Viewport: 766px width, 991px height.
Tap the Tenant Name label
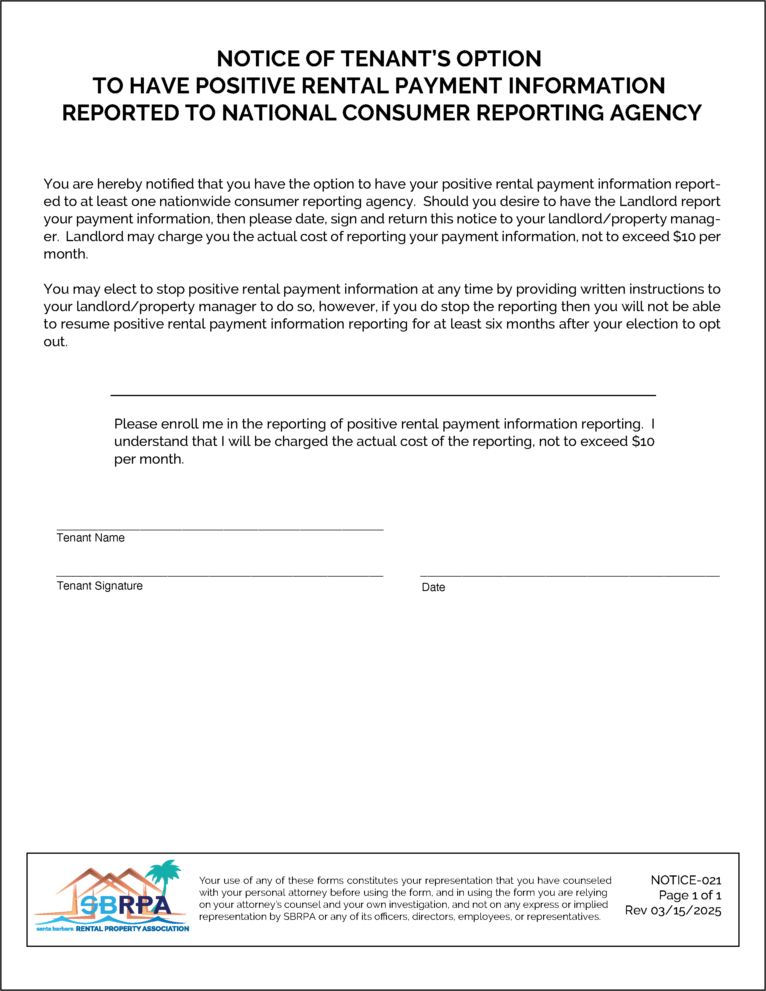[90, 538]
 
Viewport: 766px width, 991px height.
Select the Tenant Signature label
[99, 586]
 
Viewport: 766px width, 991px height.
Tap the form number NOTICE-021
[686, 880]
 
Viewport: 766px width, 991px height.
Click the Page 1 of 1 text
[690, 895]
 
